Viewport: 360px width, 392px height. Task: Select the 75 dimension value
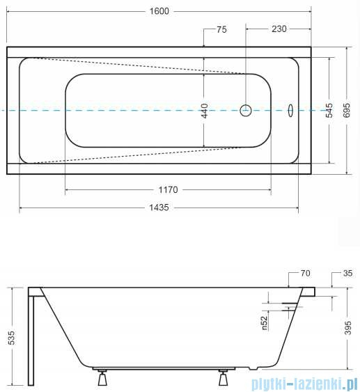point(221,29)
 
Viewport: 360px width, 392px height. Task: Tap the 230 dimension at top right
point(279,29)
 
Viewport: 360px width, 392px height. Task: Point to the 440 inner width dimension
point(205,110)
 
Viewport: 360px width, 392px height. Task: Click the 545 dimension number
point(329,110)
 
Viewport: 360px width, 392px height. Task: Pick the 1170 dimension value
point(168,189)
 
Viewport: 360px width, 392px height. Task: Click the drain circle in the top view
point(245,110)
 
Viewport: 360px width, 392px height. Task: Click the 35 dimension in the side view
point(347,274)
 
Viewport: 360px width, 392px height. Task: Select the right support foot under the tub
point(224,378)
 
